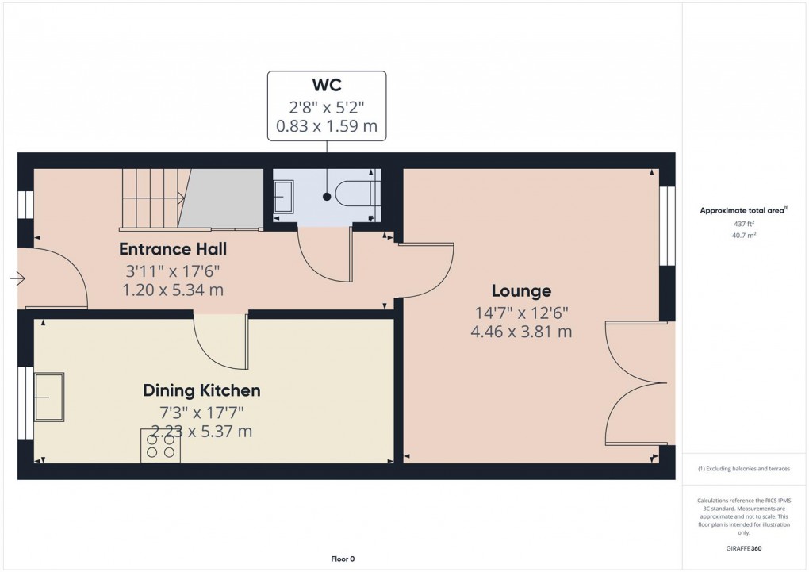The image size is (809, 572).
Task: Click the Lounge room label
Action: click(520, 290)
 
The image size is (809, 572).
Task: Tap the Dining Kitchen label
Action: click(201, 390)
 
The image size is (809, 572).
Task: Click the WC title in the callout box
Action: click(327, 86)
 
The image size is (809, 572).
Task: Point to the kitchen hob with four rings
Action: click(160, 446)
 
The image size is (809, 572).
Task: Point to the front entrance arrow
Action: click(17, 278)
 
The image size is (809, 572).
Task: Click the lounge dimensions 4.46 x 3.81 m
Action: click(520, 332)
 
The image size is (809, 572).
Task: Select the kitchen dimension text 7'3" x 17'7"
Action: click(201, 412)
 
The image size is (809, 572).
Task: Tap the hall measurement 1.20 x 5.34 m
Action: click(173, 290)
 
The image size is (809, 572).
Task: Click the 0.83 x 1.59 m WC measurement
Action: click(327, 126)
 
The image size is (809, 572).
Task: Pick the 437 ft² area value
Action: click(744, 224)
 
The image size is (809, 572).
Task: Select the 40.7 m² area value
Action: click(744, 236)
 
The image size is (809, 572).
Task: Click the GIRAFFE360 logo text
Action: click(744, 548)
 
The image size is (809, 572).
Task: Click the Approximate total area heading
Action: click(743, 210)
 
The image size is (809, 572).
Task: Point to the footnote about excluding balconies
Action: click(744, 469)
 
